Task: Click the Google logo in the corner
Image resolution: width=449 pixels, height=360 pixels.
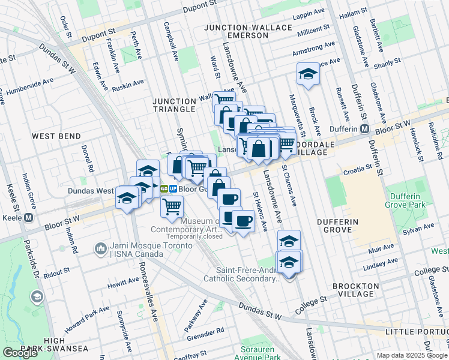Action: click(x=20, y=353)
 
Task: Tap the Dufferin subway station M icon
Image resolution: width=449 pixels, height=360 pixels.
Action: click(x=364, y=129)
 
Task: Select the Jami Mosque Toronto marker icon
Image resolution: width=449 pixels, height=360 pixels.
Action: click(x=100, y=247)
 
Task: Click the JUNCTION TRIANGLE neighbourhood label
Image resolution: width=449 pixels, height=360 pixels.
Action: click(x=173, y=105)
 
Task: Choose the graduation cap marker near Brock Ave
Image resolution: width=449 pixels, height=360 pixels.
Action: click(x=308, y=74)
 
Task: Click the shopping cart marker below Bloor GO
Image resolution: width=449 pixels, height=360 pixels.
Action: click(x=172, y=206)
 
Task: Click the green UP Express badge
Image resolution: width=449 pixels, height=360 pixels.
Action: click(x=173, y=188)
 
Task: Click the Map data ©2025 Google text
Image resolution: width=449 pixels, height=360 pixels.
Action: click(x=412, y=355)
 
